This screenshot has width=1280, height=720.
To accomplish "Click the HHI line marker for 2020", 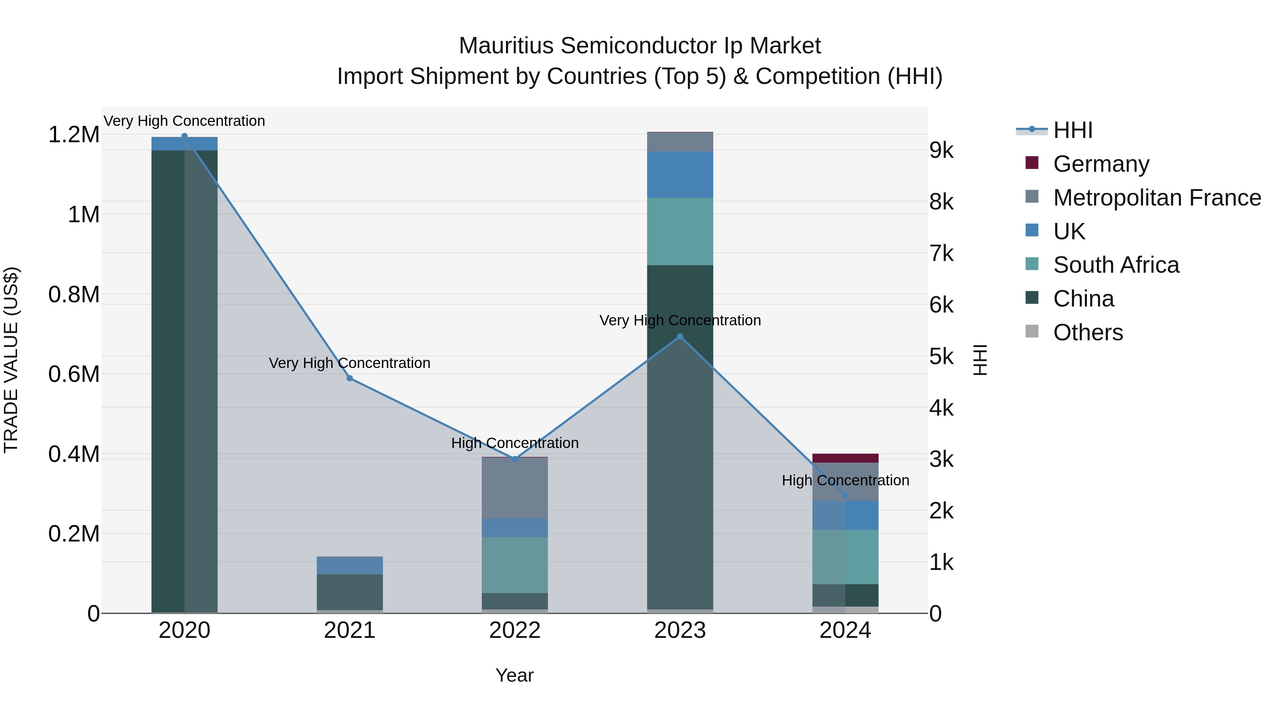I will point(184,136).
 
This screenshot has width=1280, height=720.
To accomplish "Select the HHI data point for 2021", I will point(350,379).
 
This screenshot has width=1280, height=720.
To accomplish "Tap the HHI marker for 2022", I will point(515,459).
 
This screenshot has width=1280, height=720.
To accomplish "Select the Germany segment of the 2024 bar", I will point(845,458).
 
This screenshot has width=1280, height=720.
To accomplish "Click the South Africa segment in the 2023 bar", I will point(680,231).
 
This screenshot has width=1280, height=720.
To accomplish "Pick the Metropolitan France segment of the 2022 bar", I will point(515,488).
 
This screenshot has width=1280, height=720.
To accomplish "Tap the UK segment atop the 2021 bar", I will point(350,565).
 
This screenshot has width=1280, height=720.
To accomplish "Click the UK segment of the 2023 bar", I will point(680,175).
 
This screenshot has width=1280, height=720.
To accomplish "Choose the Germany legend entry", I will point(1101,164).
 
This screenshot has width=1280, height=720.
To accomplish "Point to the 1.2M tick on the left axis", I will point(74,135).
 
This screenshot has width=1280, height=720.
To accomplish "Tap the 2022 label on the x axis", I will point(515,630).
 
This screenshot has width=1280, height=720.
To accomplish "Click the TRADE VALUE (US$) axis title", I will point(11,360).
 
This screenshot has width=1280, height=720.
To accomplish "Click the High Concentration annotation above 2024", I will point(845,480).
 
